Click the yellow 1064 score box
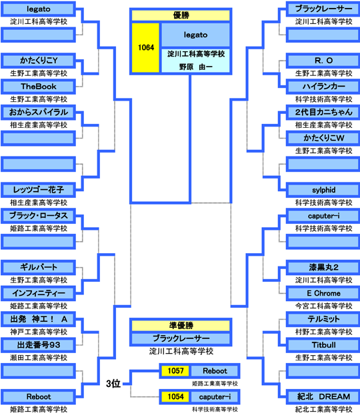[146, 48]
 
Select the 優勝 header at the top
[181, 15]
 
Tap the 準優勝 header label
[181, 326]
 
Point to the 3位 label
[113, 384]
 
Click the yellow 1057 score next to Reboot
[175, 371]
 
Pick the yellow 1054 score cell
[175, 396]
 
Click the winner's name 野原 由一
[195, 67]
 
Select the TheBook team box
[39, 87]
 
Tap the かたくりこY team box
[39, 61]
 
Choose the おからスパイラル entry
[39, 113]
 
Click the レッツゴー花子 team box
[39, 190]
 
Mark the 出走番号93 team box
[39, 345]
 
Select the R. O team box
[323, 61]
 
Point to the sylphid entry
[323, 190]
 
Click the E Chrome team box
[323, 293]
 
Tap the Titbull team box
[323, 345]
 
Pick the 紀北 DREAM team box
[323, 396]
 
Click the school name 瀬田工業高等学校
[39, 358]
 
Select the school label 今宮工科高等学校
[323, 306]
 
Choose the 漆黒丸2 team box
[323, 268]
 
